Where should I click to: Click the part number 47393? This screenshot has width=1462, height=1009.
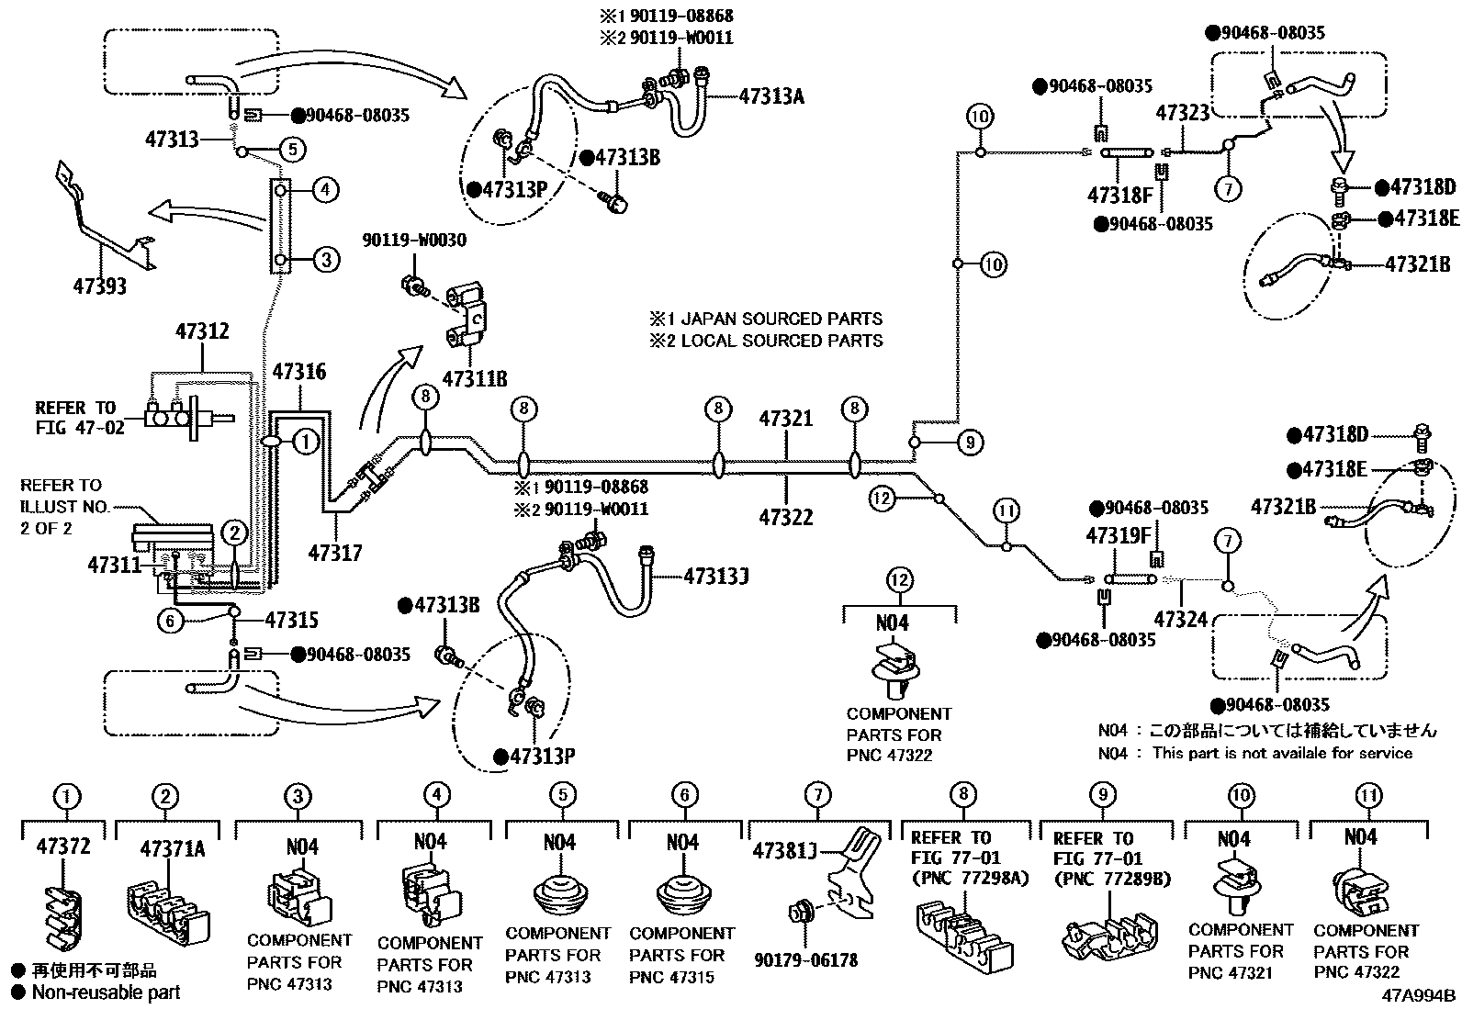coord(99,286)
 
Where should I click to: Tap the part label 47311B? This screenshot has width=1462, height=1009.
coord(474,378)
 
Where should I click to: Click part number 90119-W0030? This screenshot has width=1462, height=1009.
coord(413,241)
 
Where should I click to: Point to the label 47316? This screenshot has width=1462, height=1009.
coord(298,372)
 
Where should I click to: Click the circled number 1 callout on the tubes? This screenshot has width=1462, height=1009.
coord(306,443)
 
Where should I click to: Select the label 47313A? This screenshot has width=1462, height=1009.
coord(770,95)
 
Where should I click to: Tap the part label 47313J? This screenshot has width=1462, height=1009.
coord(715,576)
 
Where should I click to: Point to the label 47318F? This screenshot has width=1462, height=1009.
coord(1119,195)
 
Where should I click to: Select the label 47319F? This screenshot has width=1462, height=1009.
coord(1117,534)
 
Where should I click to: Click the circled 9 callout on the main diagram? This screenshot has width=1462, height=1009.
coord(970,443)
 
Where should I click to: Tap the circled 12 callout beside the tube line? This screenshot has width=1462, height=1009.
coord(882,499)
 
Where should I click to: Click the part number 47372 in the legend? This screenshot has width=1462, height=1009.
coord(63,846)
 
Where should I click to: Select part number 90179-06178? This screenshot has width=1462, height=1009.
coord(805,960)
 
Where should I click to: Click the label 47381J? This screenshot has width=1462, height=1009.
coord(785,850)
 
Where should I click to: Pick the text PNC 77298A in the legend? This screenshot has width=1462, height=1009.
coord(970,878)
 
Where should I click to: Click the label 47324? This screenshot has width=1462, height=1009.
coord(1180,620)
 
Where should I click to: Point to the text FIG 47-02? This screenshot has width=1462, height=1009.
coord(80,428)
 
